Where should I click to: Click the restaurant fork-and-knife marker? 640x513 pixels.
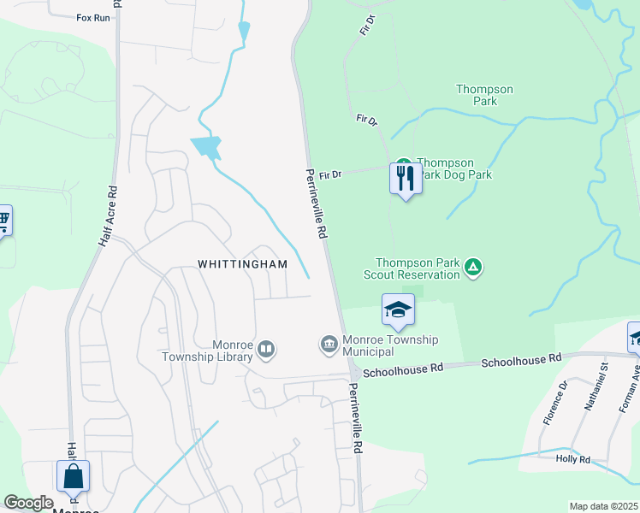[405, 178]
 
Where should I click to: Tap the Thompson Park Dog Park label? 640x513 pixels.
[457, 168]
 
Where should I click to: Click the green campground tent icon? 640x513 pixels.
[472, 268]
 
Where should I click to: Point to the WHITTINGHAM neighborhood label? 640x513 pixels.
[243, 265]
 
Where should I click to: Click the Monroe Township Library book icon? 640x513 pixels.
[267, 348]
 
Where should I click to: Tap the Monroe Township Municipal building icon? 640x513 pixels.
[328, 345]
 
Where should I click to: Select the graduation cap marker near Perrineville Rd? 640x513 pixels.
[398, 310]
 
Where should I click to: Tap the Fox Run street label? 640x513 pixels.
[93, 17]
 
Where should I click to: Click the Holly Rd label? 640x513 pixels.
[573, 460]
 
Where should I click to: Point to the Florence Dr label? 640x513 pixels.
[554, 403]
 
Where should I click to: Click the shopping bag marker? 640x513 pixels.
[73, 475]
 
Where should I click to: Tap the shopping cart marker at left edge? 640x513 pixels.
[3, 221]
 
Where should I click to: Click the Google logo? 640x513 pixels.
[28, 504]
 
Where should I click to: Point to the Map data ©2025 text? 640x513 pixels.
[603, 506]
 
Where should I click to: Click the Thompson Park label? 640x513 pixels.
[484, 95]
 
